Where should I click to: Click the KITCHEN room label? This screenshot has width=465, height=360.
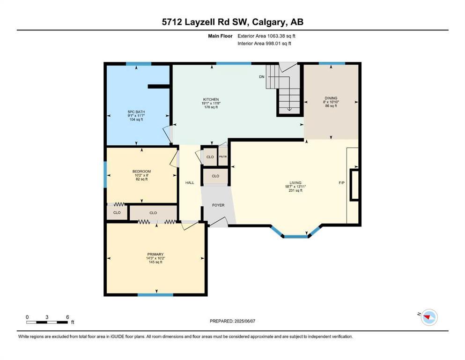pos(211,99)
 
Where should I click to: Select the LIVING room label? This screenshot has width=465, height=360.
pos(295,183)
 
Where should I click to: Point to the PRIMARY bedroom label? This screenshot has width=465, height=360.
pos(155,255)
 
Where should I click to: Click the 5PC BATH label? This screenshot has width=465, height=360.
pos(136,112)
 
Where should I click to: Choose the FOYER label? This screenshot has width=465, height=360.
pos(218,205)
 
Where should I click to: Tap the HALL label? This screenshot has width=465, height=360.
pos(190,183)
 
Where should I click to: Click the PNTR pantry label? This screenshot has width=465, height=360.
pos(223,157)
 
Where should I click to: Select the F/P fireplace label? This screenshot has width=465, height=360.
pos(341,183)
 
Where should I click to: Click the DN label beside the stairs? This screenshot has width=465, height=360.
pos(261,76)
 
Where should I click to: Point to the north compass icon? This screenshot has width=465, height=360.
pos(428,317)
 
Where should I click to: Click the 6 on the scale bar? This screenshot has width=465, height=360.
pos(67,317)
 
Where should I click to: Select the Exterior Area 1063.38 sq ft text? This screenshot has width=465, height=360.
pos(266,36)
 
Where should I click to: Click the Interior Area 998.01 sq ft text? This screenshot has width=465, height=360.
pos(265,44)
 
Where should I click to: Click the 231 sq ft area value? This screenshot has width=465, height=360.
pos(295,190)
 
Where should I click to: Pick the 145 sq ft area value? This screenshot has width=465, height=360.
pos(155,262)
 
